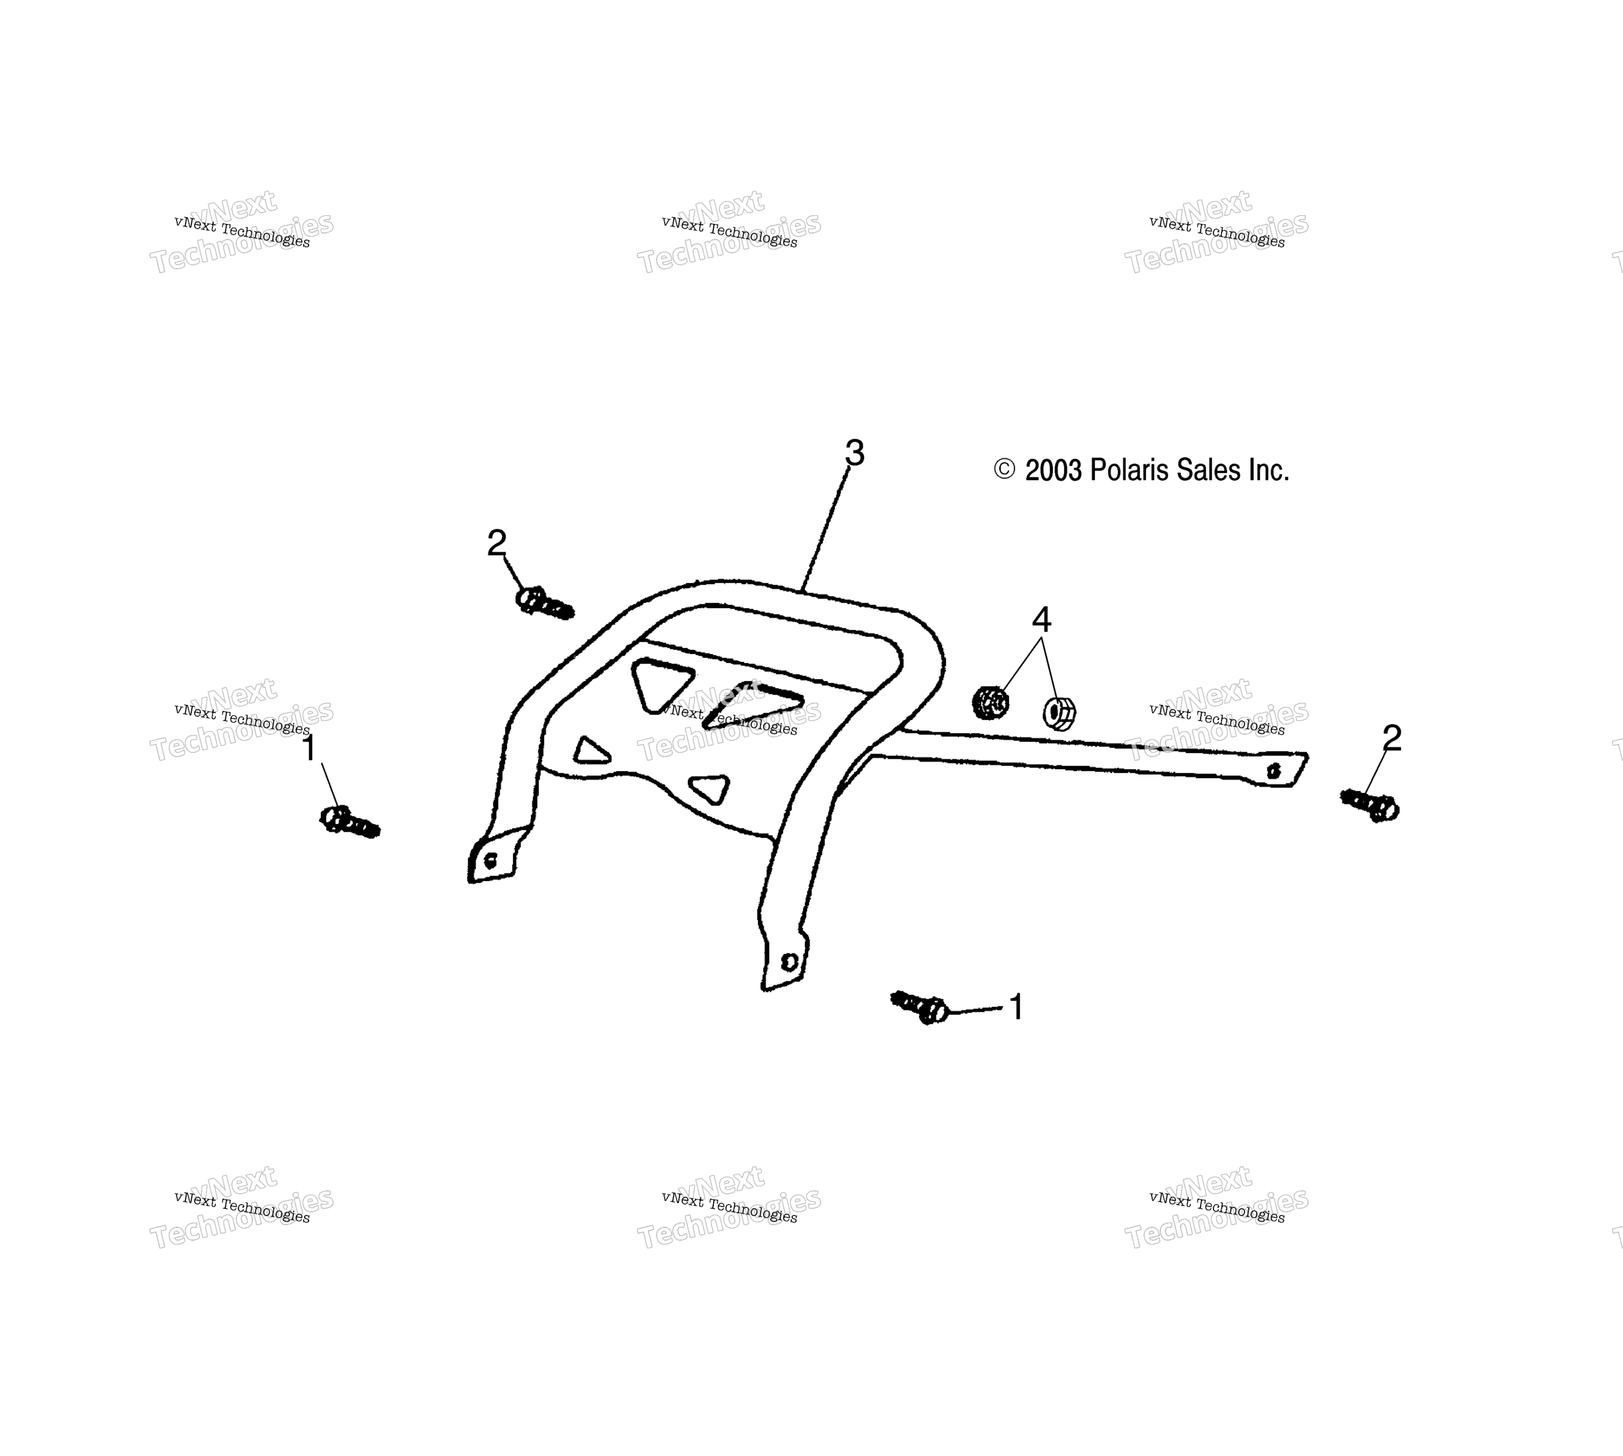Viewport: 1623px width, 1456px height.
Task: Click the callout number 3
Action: (854, 453)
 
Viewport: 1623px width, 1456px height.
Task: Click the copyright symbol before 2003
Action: (1004, 470)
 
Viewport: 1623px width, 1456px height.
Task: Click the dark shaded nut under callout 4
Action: (990, 702)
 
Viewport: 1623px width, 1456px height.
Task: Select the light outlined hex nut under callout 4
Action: (1059, 713)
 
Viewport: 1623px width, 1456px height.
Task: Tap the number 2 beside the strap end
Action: (1392, 738)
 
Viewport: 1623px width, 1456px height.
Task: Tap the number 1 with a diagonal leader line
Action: (309, 748)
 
